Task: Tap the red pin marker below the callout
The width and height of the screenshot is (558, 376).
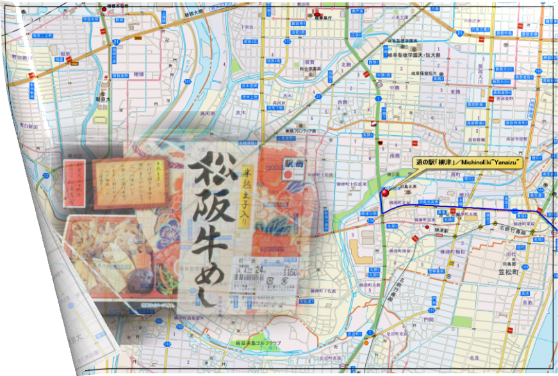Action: pyautogui.click(x=385, y=192)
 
